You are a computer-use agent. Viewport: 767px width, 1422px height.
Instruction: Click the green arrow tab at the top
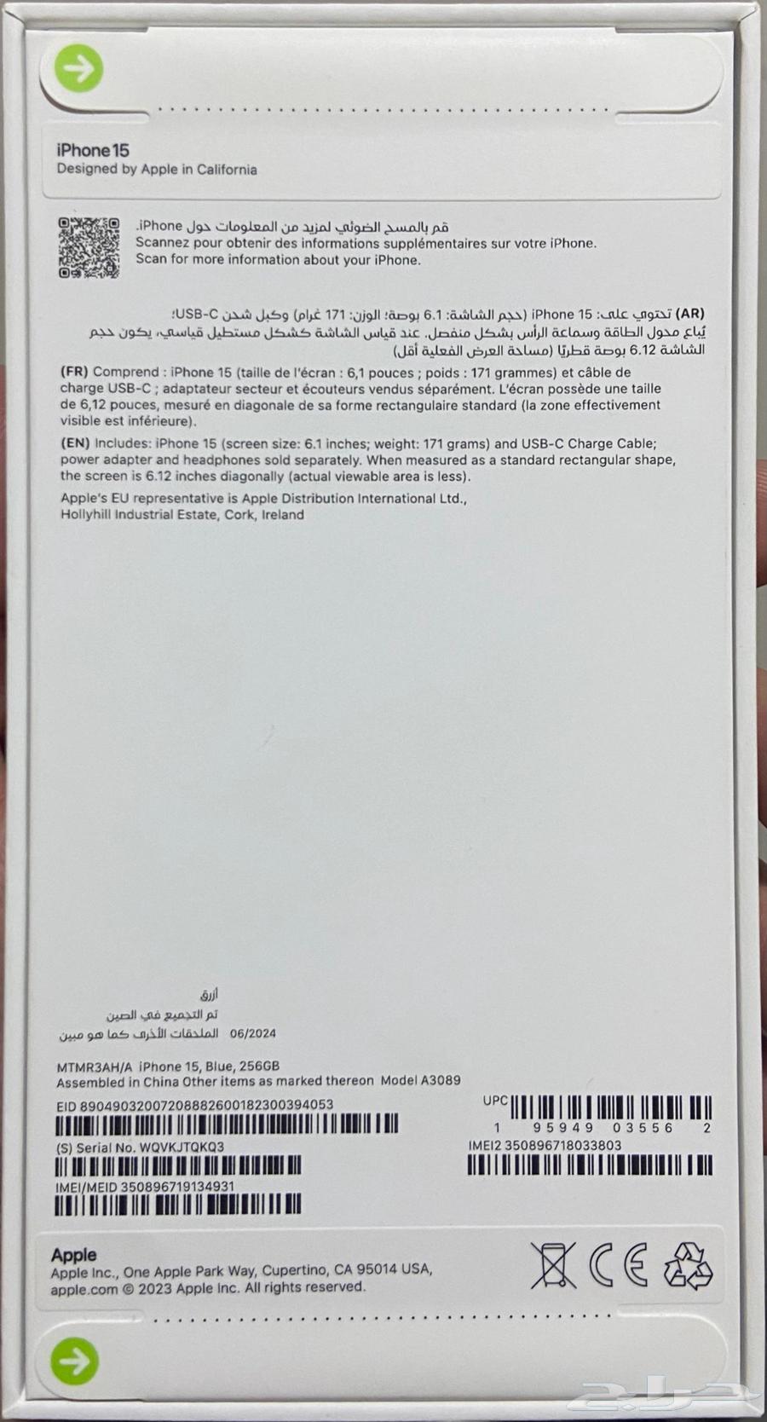(x=78, y=68)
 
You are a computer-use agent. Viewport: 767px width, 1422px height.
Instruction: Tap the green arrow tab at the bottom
(x=74, y=1361)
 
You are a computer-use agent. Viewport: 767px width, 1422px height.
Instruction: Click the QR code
(x=89, y=247)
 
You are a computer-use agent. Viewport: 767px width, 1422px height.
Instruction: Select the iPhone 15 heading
(x=93, y=150)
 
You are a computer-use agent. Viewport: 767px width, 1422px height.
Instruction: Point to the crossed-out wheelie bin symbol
(x=552, y=1265)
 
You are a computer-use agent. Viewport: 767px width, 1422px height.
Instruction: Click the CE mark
(x=619, y=1265)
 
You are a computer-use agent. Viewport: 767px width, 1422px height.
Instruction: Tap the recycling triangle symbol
(x=688, y=1265)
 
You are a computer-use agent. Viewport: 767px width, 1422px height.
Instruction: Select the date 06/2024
(x=252, y=1033)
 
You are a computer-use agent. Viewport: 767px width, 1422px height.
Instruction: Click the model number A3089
(x=441, y=1080)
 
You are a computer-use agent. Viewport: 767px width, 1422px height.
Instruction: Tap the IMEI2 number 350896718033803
(x=562, y=1145)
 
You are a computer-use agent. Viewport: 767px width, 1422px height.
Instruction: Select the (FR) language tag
(x=74, y=372)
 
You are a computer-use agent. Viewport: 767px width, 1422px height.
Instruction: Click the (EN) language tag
(x=75, y=443)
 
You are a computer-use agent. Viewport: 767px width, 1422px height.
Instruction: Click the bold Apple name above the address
(x=73, y=1255)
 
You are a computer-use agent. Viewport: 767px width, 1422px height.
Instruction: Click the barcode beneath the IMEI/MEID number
(x=178, y=1205)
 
